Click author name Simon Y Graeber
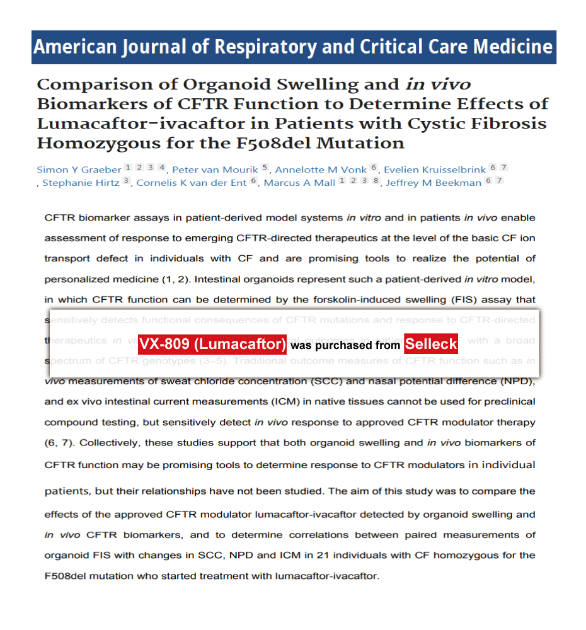click(78, 169)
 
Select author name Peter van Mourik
click(215, 169)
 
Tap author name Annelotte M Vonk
click(321, 169)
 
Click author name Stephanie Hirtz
click(81, 183)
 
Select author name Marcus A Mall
click(299, 183)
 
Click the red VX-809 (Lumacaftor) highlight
click(212, 344)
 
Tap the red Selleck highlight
click(431, 344)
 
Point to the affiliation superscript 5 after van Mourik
click(265, 168)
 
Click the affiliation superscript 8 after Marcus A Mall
click(376, 181)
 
